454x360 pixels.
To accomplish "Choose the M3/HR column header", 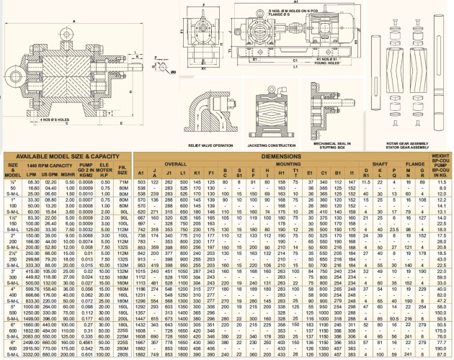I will point(70,174).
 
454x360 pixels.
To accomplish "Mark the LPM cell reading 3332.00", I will point(32,354).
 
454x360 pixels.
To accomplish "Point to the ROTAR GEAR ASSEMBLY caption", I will point(402,143).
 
